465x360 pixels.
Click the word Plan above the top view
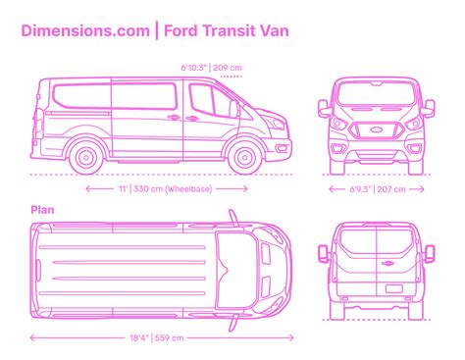[41, 209]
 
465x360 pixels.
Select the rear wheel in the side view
[86, 155]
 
